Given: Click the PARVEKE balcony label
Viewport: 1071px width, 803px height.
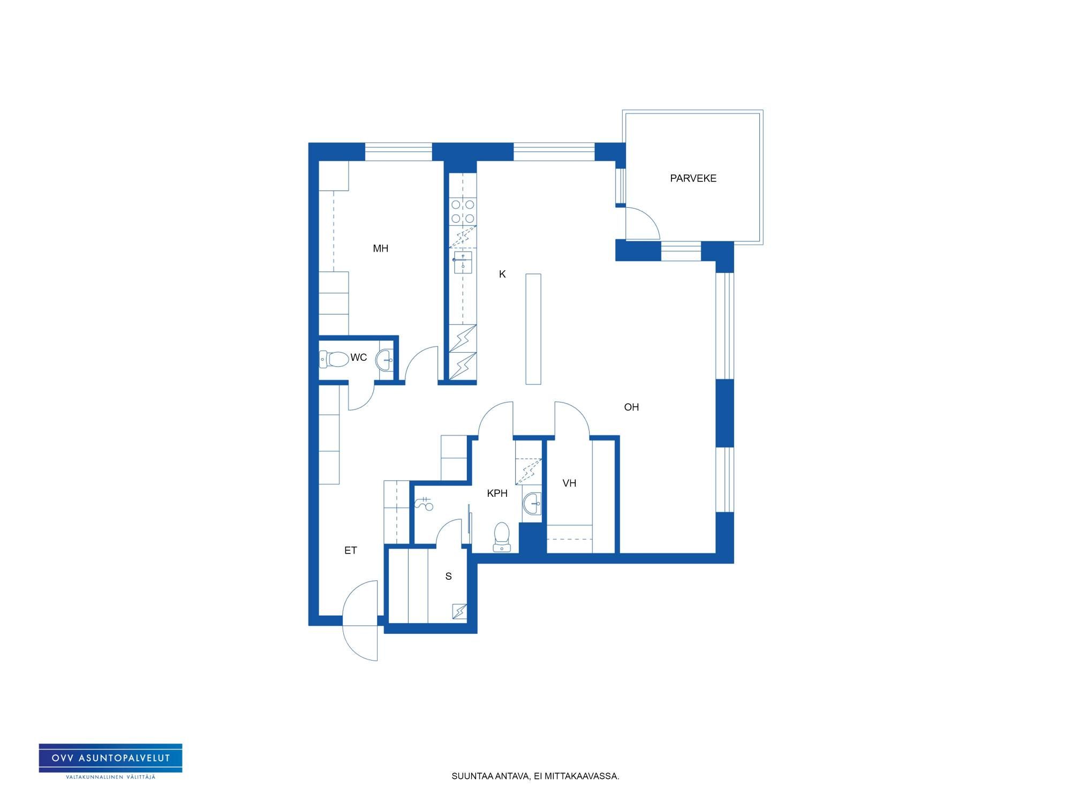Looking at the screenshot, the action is pos(693,178).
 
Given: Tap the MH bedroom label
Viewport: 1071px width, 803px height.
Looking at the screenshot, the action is pos(380,248).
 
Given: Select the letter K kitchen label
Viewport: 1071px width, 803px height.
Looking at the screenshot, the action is pos(502,274).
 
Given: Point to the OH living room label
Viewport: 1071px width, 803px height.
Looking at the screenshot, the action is pos(631,407).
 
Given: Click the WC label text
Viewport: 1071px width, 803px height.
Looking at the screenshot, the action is pos(359,357).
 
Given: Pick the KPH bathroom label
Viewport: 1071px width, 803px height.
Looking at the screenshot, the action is pos(497,493).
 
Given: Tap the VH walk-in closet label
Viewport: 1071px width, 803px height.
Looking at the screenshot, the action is pos(569,483).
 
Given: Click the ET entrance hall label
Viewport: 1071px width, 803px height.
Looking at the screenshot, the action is pos(350,550).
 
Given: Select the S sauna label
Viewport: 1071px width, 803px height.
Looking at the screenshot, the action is pos(448,576).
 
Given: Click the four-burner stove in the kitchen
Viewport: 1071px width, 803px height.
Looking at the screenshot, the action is pos(463,211).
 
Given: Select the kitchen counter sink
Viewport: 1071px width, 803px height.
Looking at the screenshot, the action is pos(463,263).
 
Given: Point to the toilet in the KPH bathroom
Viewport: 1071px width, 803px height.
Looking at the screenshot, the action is pos(502,537).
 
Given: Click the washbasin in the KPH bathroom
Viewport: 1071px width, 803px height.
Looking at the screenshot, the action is pos(532,503).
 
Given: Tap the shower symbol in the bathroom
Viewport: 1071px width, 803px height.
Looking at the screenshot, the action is pos(424,503).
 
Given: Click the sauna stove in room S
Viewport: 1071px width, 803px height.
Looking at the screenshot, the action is pos(459,611).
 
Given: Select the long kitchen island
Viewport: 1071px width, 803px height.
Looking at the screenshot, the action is pos(533,329).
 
